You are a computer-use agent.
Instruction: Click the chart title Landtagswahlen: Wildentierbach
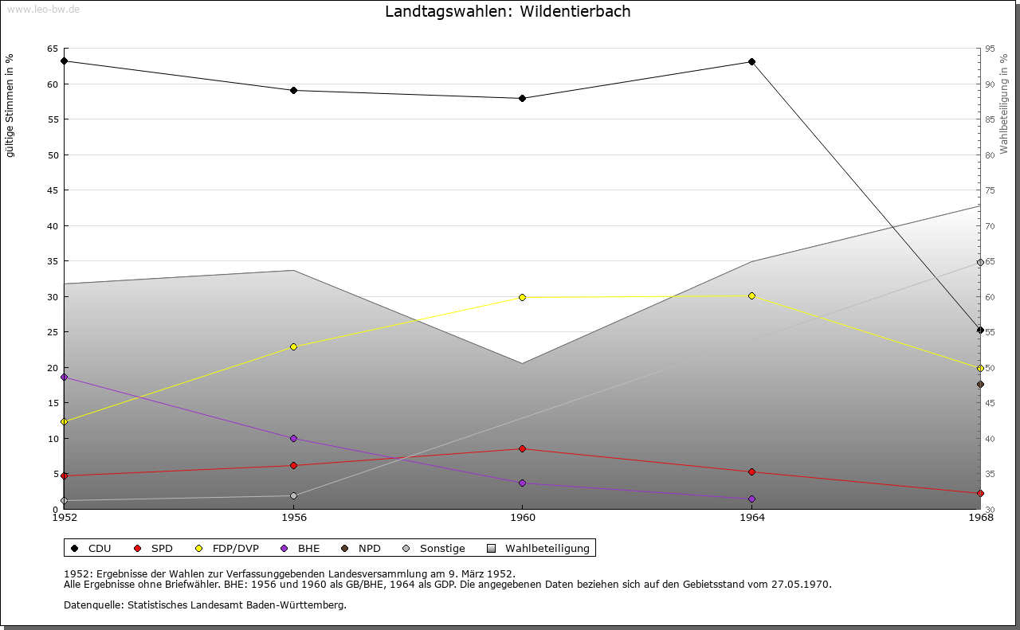pos(508,11)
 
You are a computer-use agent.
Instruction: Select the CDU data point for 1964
pos(751,62)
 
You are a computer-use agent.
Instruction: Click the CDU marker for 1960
pos(522,99)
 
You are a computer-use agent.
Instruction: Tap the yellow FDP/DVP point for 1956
pos(293,346)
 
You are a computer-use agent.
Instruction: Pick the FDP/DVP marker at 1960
pos(522,297)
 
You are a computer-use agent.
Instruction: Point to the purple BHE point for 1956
pos(293,438)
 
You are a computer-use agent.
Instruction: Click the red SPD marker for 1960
pos(522,448)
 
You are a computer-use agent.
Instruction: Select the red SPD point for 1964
pos(751,472)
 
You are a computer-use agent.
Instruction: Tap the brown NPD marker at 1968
pos(980,385)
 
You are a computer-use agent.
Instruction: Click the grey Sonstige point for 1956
pos(293,495)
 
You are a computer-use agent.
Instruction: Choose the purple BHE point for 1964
pos(751,499)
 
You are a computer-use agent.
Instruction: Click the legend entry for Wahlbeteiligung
pos(547,548)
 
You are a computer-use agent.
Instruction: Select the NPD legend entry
pos(369,548)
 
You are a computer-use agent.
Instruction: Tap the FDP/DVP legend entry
pos(235,548)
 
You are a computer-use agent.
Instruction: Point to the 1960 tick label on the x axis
pos(522,518)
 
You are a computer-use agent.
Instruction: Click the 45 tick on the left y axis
pos(53,190)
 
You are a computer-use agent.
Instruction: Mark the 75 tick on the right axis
pos(990,190)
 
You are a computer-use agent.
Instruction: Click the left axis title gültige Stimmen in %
pos(10,105)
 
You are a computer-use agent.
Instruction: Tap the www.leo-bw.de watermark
pos(42,8)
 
